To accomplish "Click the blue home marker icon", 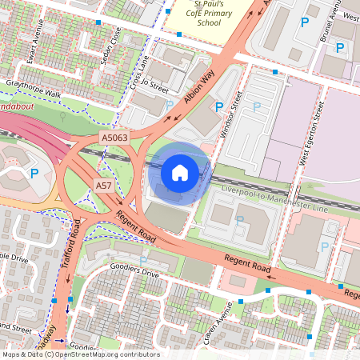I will [180, 173].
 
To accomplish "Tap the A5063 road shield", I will [114, 138].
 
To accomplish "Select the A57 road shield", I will [104, 186].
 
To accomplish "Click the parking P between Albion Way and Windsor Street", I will [218, 106].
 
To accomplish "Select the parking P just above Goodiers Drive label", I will [143, 260].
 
